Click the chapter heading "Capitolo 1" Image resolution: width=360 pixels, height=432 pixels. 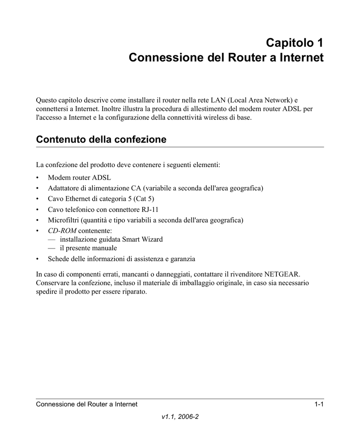tap(295, 43)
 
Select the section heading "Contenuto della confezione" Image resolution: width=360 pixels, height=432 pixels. tap(101, 139)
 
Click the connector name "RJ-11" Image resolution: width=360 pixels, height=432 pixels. tap(150, 209)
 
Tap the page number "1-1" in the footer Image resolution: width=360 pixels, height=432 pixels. tap(319, 405)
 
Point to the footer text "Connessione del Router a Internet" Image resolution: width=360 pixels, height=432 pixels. tap(87, 405)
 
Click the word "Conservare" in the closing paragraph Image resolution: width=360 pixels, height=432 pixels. tap(53, 283)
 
